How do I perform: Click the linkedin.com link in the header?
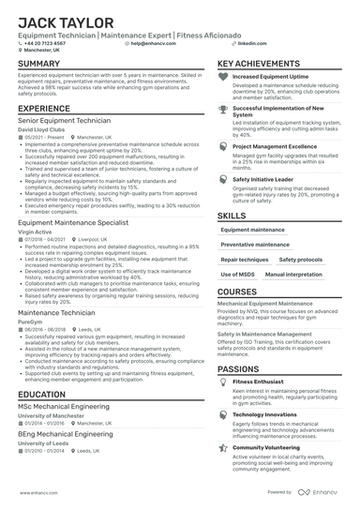[247, 43]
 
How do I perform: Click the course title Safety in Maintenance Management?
[264, 334]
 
